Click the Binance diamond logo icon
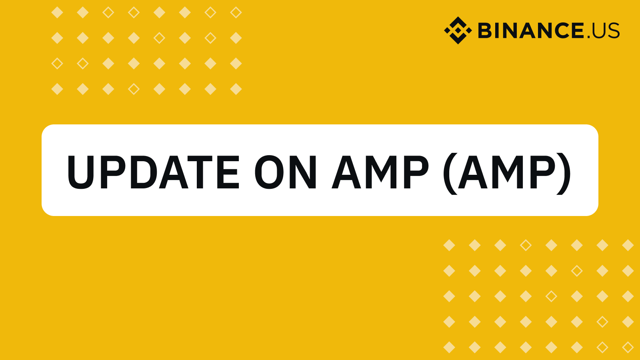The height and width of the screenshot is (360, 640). (458, 30)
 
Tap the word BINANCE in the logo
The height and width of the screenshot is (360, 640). (531, 30)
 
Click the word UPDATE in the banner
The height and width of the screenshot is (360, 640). (153, 172)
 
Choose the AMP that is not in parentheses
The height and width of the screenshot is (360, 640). (380, 172)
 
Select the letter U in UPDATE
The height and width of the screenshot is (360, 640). (80, 172)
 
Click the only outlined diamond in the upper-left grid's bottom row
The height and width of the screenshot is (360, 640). (134, 89)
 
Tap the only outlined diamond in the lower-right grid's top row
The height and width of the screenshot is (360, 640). (526, 245)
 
